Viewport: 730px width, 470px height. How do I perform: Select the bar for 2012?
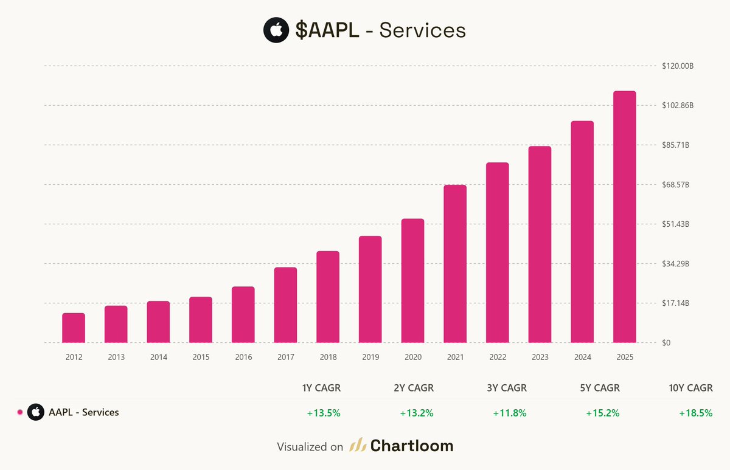(x=74, y=328)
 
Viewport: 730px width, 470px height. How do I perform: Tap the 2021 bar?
(x=455, y=264)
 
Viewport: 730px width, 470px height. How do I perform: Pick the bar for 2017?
(x=285, y=305)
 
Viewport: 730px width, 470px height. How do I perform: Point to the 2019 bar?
(x=370, y=289)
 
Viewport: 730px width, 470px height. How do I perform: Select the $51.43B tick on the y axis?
(x=676, y=224)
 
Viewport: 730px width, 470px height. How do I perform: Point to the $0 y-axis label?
(x=667, y=343)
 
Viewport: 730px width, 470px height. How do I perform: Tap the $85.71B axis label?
(x=676, y=145)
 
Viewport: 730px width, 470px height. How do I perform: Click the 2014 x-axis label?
(x=158, y=358)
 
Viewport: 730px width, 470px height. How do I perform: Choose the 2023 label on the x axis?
(x=540, y=358)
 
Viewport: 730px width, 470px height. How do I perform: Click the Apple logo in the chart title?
(x=276, y=30)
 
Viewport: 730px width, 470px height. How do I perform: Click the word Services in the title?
(x=423, y=30)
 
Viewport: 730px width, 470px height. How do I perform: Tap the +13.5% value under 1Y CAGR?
(x=323, y=413)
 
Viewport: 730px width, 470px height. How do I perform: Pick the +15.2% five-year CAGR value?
(x=602, y=413)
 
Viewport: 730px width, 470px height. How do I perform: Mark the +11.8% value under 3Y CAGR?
(x=509, y=413)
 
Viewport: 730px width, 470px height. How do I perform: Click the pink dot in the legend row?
(x=19, y=412)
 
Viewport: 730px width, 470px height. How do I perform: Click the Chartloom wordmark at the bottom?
(x=412, y=446)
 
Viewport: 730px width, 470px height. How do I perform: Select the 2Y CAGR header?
(x=417, y=388)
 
